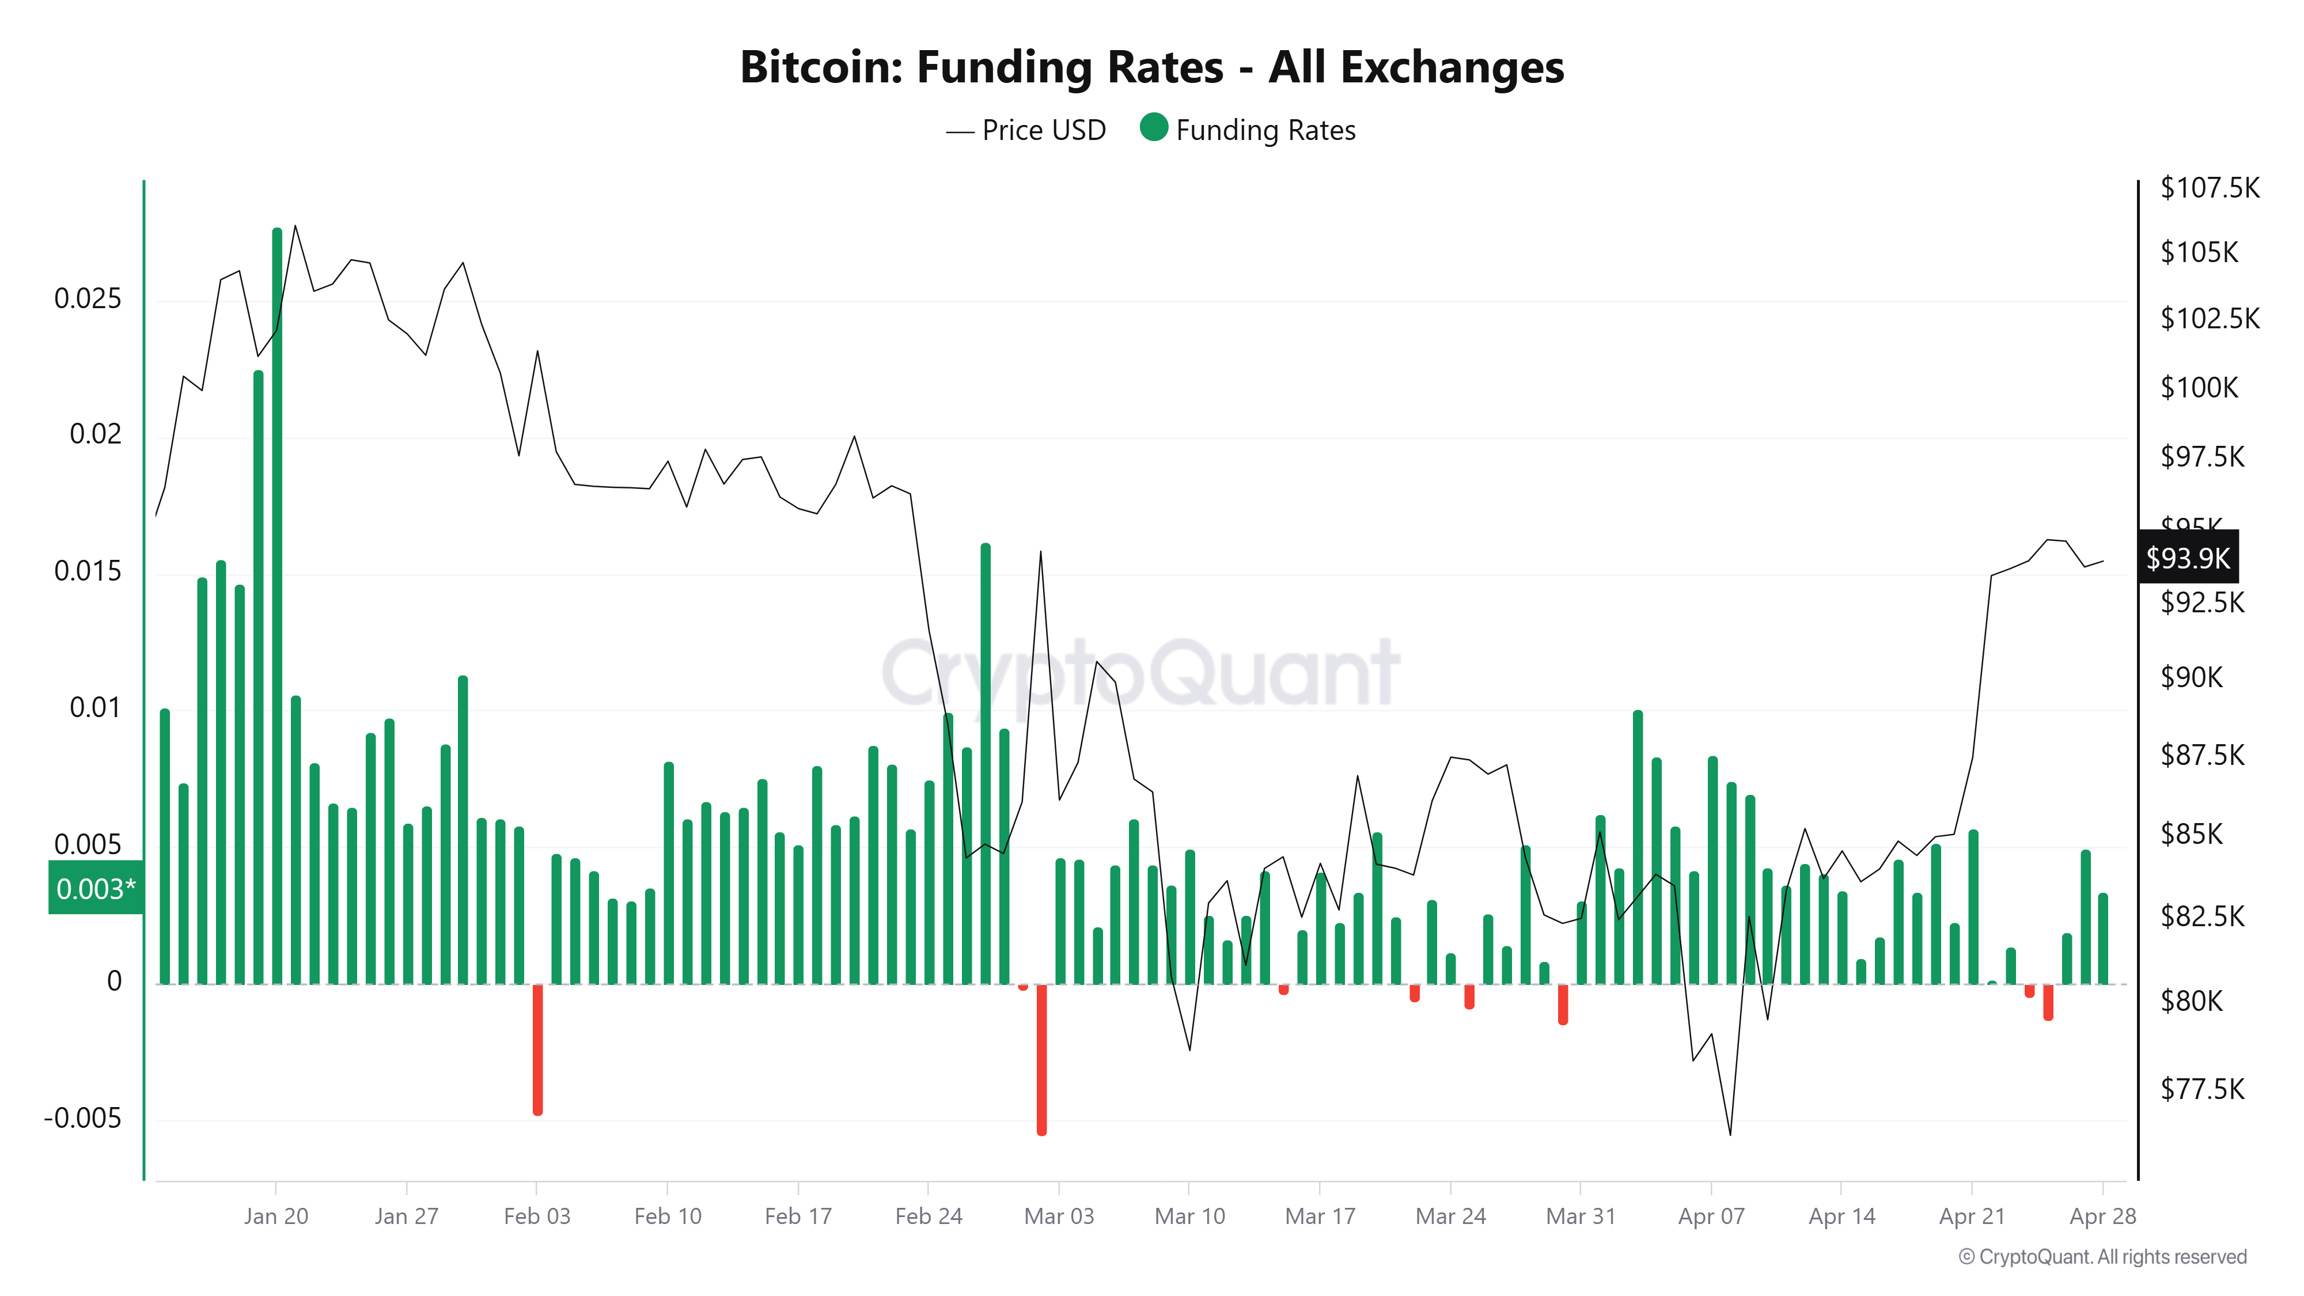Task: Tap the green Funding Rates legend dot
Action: [x=1154, y=128]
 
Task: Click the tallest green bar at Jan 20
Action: [x=277, y=608]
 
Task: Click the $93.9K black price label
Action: [x=2187, y=558]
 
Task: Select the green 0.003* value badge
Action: [x=96, y=888]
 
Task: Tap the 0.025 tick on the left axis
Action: [x=88, y=299]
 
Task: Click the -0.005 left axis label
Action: [x=82, y=1118]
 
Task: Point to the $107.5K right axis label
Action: [x=2208, y=188]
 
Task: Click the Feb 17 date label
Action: [x=798, y=1217]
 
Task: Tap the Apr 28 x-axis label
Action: [x=2102, y=1217]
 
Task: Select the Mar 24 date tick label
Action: [x=1450, y=1217]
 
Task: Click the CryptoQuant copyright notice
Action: [x=2102, y=1257]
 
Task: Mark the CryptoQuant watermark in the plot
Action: [x=1140, y=673]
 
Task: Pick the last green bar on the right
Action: [x=2103, y=939]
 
